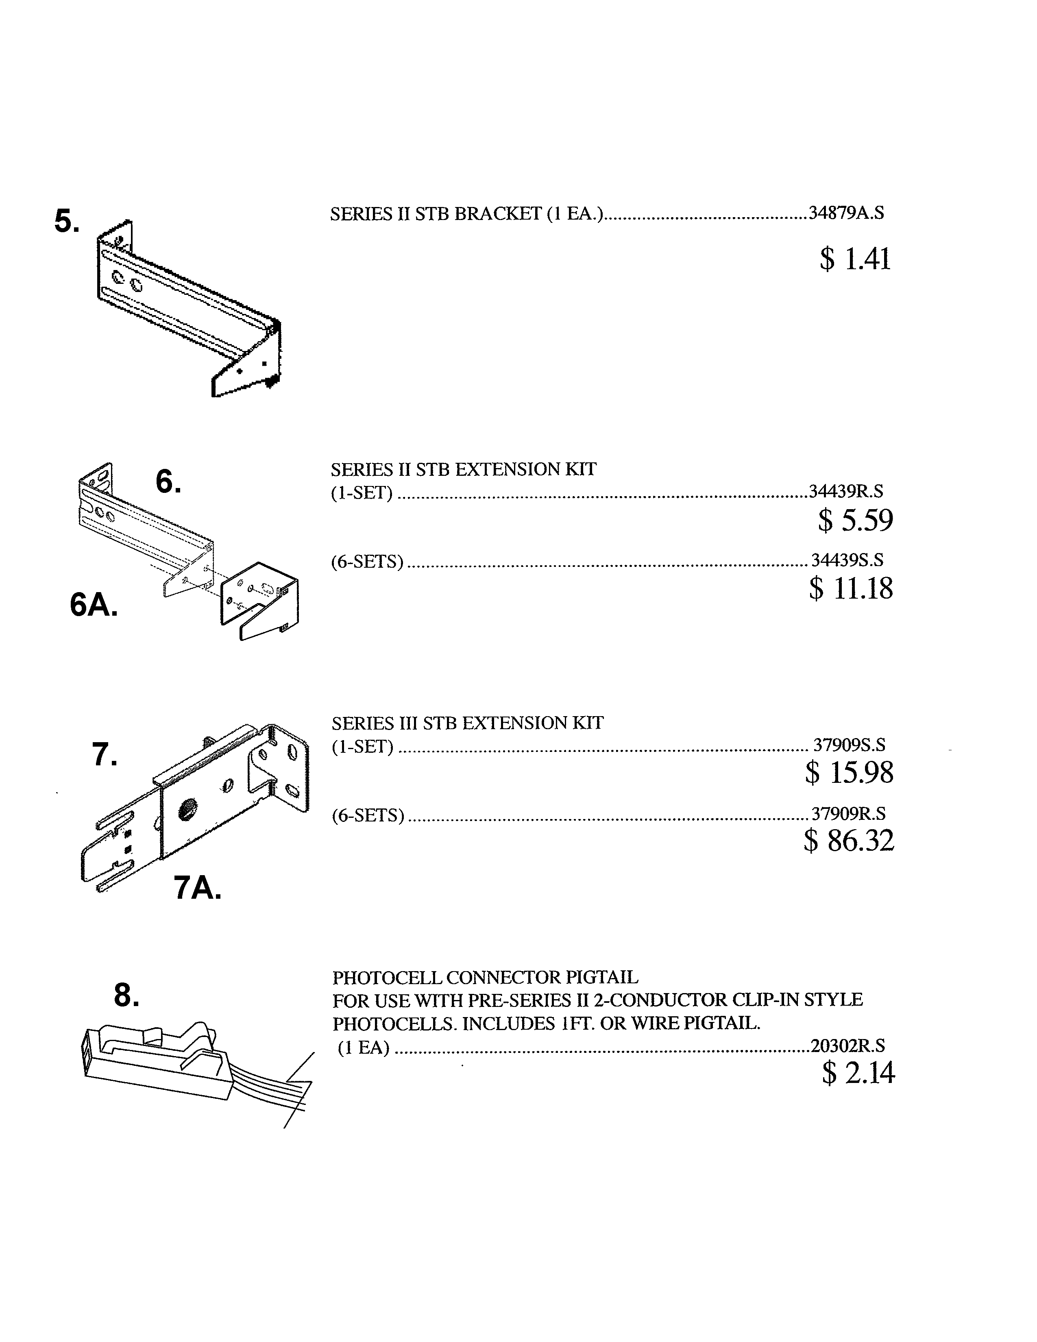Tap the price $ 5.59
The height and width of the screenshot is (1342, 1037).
coord(855,521)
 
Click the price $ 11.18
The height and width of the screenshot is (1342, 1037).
coord(851,588)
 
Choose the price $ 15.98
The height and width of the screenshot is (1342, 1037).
coord(849,772)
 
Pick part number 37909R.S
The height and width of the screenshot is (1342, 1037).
coord(848,814)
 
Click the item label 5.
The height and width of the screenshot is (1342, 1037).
coord(66,222)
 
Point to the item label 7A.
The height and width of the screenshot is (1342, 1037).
coord(197,888)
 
